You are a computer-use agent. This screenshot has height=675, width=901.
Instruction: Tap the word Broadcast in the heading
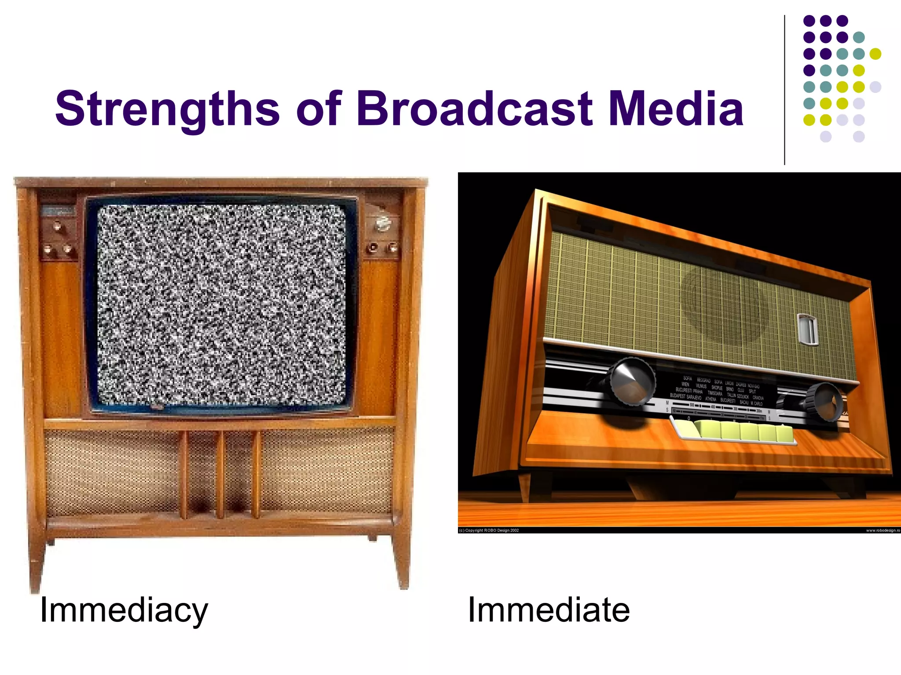(x=475, y=108)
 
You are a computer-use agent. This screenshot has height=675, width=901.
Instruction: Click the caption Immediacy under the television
(x=124, y=610)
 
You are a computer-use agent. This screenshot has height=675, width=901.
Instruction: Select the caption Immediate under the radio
(x=549, y=610)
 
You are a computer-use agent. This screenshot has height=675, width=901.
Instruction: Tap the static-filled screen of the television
(x=221, y=304)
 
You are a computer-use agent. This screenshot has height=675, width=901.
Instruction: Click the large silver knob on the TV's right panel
(x=382, y=224)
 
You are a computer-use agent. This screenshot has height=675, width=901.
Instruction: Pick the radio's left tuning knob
(x=633, y=381)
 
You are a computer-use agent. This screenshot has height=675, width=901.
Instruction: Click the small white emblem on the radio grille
(x=808, y=329)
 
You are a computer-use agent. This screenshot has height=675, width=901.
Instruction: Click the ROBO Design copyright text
(x=489, y=530)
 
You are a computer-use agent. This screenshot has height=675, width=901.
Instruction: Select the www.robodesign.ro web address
(x=883, y=530)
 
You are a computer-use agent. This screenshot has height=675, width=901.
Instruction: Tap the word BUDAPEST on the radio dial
(x=680, y=396)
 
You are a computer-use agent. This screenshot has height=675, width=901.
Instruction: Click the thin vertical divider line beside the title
(x=784, y=90)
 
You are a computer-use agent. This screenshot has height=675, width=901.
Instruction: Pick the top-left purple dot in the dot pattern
(x=809, y=21)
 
